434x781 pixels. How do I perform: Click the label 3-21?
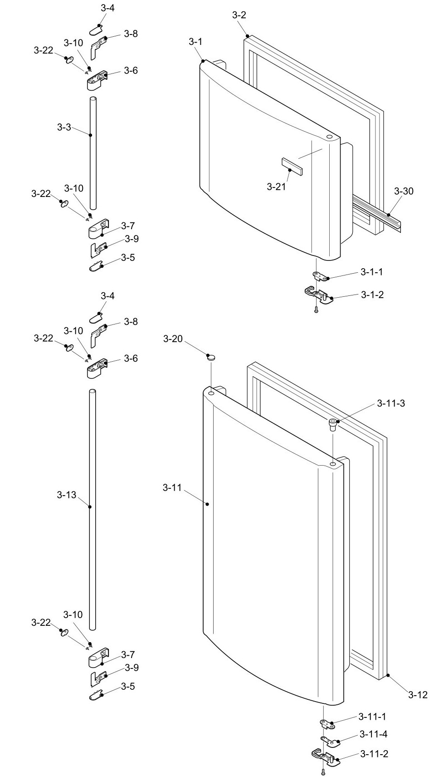(277, 186)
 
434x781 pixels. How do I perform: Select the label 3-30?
(404, 191)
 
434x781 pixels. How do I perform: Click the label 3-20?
(173, 339)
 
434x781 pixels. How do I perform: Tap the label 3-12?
(418, 694)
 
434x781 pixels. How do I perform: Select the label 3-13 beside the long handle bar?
(67, 495)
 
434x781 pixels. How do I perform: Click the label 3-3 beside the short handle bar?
(64, 127)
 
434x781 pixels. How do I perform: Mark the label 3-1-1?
(372, 272)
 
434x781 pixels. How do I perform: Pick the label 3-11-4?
(373, 734)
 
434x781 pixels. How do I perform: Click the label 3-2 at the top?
(239, 15)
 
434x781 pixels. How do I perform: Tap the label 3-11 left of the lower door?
(172, 488)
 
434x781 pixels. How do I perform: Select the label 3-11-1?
(372, 717)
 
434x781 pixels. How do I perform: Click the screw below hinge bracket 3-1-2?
(316, 310)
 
